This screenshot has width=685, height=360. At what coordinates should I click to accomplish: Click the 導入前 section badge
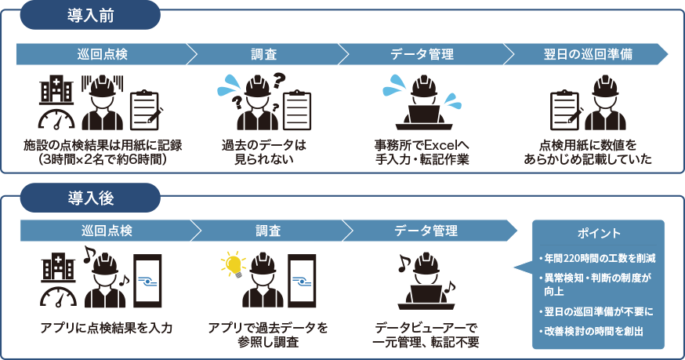(89, 15)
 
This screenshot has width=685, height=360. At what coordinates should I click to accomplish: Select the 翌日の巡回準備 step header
(588, 54)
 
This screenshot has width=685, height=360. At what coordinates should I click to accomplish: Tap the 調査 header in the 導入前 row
(263, 54)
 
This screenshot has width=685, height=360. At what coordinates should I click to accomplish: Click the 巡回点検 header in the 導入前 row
(102, 54)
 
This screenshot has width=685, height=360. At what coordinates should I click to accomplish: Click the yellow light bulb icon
(232, 262)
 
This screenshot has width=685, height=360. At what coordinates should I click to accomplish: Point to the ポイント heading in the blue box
(599, 234)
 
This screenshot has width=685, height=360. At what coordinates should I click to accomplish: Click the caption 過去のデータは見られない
(263, 152)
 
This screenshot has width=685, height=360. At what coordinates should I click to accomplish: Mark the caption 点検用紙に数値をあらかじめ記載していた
(588, 152)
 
